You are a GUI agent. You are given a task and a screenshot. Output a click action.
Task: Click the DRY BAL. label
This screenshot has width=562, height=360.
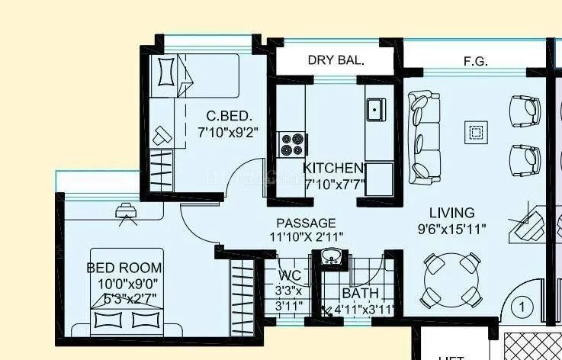coord(336,59)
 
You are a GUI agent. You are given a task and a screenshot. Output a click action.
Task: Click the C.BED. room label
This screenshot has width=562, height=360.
coord(230,117)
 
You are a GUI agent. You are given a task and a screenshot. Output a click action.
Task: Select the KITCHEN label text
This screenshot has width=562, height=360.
coord(333,168)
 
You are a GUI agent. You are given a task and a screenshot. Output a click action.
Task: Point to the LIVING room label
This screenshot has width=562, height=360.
coord(451,213)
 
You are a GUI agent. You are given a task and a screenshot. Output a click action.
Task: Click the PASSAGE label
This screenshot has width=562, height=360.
coord(306,222)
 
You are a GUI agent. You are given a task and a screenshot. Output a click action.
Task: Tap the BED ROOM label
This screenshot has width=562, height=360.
coord(124,268)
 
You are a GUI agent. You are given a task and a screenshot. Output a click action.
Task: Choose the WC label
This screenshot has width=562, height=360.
coord(288,275)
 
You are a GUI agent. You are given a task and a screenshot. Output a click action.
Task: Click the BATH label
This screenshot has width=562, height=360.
coord(360,294)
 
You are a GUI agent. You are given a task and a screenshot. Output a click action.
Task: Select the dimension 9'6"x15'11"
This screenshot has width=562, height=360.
coord(451,228)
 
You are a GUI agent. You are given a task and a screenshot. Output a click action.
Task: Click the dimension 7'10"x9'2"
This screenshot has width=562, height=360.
coord(227,131)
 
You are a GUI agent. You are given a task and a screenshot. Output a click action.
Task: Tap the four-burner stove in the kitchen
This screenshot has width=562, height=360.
coord(291,144)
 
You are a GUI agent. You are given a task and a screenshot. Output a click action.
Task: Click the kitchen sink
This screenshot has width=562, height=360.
coord(375,110)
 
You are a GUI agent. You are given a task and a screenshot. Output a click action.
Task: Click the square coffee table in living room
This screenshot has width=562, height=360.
coord(475,133)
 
